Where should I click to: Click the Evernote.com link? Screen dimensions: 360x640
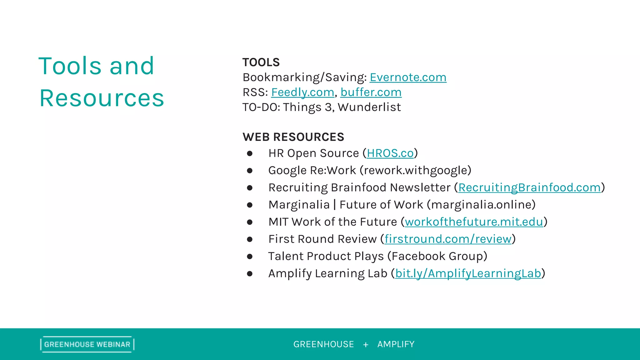(408, 77)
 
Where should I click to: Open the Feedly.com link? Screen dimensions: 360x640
(302, 92)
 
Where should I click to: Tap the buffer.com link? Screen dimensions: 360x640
(371, 92)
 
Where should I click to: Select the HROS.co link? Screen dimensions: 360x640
(390, 153)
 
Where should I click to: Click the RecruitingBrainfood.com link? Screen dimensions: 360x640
(529, 187)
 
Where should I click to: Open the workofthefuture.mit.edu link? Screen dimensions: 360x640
(474, 222)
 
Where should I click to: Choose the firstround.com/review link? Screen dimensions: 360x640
(448, 239)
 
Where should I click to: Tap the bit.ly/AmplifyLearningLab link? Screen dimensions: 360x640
(468, 273)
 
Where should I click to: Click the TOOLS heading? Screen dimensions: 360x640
(261, 62)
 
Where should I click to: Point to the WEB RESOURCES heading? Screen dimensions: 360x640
(293, 137)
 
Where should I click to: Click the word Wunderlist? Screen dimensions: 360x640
(369, 107)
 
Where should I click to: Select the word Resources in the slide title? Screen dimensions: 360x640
(102, 98)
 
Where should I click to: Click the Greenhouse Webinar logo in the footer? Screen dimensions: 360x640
(87, 344)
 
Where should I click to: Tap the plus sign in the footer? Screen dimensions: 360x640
(366, 345)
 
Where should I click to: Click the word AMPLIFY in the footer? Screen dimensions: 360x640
(396, 344)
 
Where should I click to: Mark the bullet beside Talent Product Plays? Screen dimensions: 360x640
(249, 257)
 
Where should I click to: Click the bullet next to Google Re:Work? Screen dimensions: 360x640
(249, 171)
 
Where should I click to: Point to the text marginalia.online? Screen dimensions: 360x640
(481, 205)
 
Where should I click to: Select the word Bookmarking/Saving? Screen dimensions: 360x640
(304, 77)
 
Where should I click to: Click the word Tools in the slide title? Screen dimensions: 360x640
(70, 66)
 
